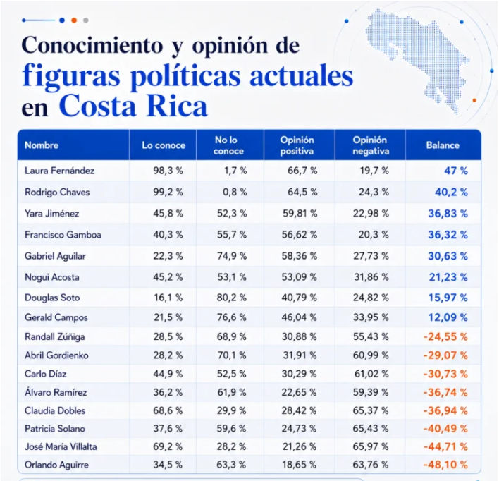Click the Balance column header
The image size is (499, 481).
point(443,145)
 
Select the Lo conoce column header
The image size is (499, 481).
point(164,145)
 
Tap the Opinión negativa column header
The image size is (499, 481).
point(371,145)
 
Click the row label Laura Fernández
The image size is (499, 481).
point(59,171)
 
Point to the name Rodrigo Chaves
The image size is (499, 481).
point(57,192)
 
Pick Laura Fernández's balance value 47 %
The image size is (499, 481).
point(456,171)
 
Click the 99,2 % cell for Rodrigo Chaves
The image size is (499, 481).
point(168,192)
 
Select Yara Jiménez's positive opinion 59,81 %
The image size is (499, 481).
point(300,214)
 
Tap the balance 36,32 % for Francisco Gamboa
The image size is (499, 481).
point(448,235)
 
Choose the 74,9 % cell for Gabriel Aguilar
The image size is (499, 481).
point(232,256)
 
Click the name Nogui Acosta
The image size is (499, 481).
point(52,277)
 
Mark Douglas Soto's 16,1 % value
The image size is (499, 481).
point(168,298)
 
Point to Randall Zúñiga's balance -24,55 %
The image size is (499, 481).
point(445,336)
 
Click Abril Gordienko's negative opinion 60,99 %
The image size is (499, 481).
point(371,355)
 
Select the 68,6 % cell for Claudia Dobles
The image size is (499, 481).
point(168,410)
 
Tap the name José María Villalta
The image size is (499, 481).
point(61,446)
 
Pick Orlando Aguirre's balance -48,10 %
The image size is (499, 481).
point(445,465)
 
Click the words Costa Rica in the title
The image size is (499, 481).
point(133,106)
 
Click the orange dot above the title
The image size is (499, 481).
point(74,20)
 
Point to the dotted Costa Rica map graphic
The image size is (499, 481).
point(417,59)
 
